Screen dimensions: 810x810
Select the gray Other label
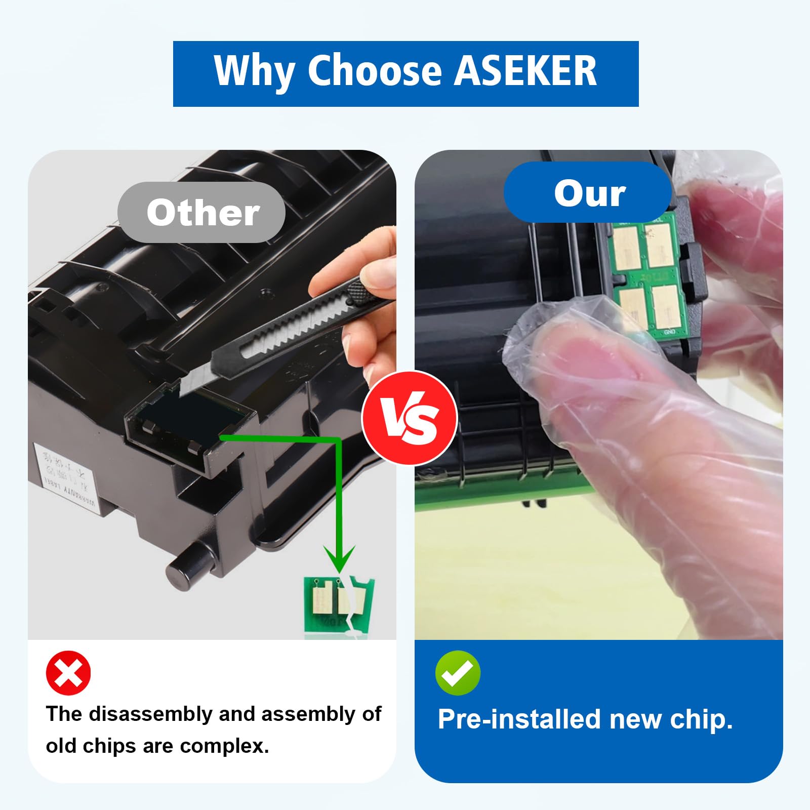pyautogui.click(x=202, y=213)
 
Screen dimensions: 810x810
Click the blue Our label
pyautogui.click(x=589, y=193)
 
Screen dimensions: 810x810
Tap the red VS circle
pyautogui.click(x=410, y=418)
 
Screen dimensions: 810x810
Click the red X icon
pyautogui.click(x=68, y=673)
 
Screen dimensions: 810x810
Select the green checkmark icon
pyautogui.click(x=458, y=673)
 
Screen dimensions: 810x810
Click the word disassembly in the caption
pyautogui.click(x=151, y=714)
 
